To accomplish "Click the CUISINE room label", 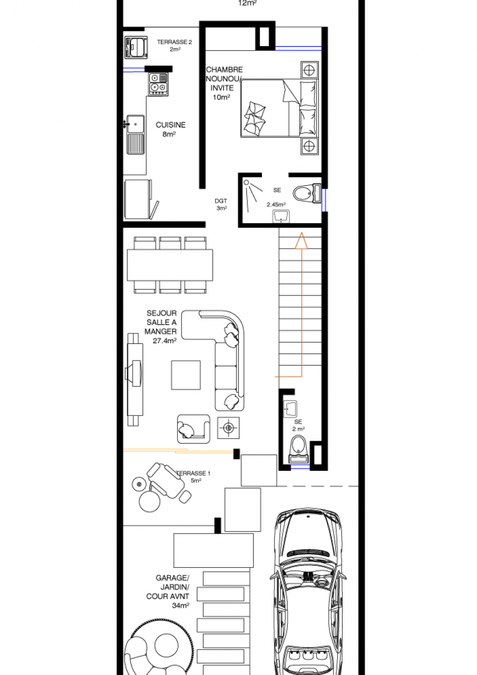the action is click(171, 125).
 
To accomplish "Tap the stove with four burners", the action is click(159, 84).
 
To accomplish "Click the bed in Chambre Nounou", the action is click(279, 108).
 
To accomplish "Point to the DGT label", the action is click(221, 201).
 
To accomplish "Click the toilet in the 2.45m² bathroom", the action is click(306, 194).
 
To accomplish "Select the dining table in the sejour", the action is click(170, 265).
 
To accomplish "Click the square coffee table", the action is click(186, 375).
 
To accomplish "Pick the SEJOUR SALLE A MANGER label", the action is click(161, 322).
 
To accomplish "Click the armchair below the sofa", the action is click(193, 429).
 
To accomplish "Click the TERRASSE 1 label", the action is click(193, 473).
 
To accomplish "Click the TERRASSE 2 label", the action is click(174, 42).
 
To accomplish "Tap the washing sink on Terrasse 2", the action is click(136, 48).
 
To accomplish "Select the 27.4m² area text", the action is click(164, 341).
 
